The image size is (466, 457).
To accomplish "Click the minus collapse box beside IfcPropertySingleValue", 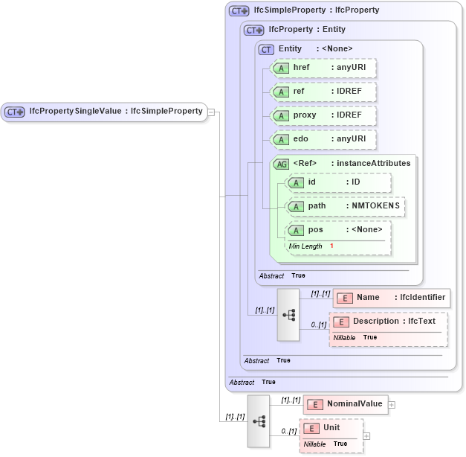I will [x=212, y=112].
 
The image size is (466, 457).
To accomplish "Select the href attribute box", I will [x=323, y=68].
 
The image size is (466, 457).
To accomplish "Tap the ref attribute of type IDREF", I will [x=323, y=92].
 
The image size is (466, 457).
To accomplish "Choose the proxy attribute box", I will [x=323, y=115].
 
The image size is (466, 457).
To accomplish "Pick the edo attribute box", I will [x=323, y=139].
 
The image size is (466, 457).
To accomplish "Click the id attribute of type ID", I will [x=338, y=182].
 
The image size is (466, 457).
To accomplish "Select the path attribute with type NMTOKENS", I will [x=346, y=206].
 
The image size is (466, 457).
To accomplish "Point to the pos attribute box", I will [x=338, y=230].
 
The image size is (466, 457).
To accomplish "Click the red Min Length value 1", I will [x=331, y=246].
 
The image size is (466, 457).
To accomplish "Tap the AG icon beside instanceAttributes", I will [x=282, y=164].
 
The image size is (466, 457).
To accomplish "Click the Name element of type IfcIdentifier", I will [x=392, y=298].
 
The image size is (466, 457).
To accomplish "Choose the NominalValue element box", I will [x=346, y=404].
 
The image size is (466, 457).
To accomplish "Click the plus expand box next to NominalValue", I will [x=392, y=405].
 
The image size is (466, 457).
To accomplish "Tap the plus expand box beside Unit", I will [x=366, y=435].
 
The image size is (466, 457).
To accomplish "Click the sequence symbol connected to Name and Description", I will [x=288, y=315].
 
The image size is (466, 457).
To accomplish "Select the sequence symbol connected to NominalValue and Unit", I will [x=259, y=421].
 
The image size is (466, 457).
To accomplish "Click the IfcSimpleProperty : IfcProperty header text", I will [x=316, y=10].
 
